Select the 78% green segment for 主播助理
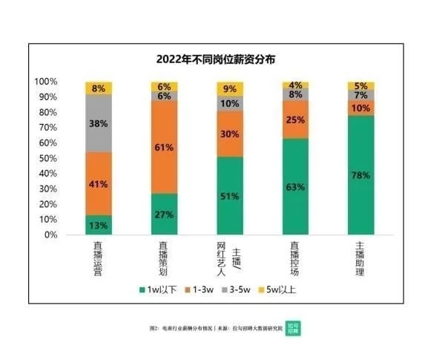click(361, 174)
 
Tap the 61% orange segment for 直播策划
click(164, 147)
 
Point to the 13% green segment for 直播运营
click(99, 225)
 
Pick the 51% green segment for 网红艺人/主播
click(230, 195)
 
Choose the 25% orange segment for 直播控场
click(295, 120)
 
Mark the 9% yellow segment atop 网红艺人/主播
click(230, 88)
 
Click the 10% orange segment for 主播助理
click(361, 108)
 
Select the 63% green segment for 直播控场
click(295, 186)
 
